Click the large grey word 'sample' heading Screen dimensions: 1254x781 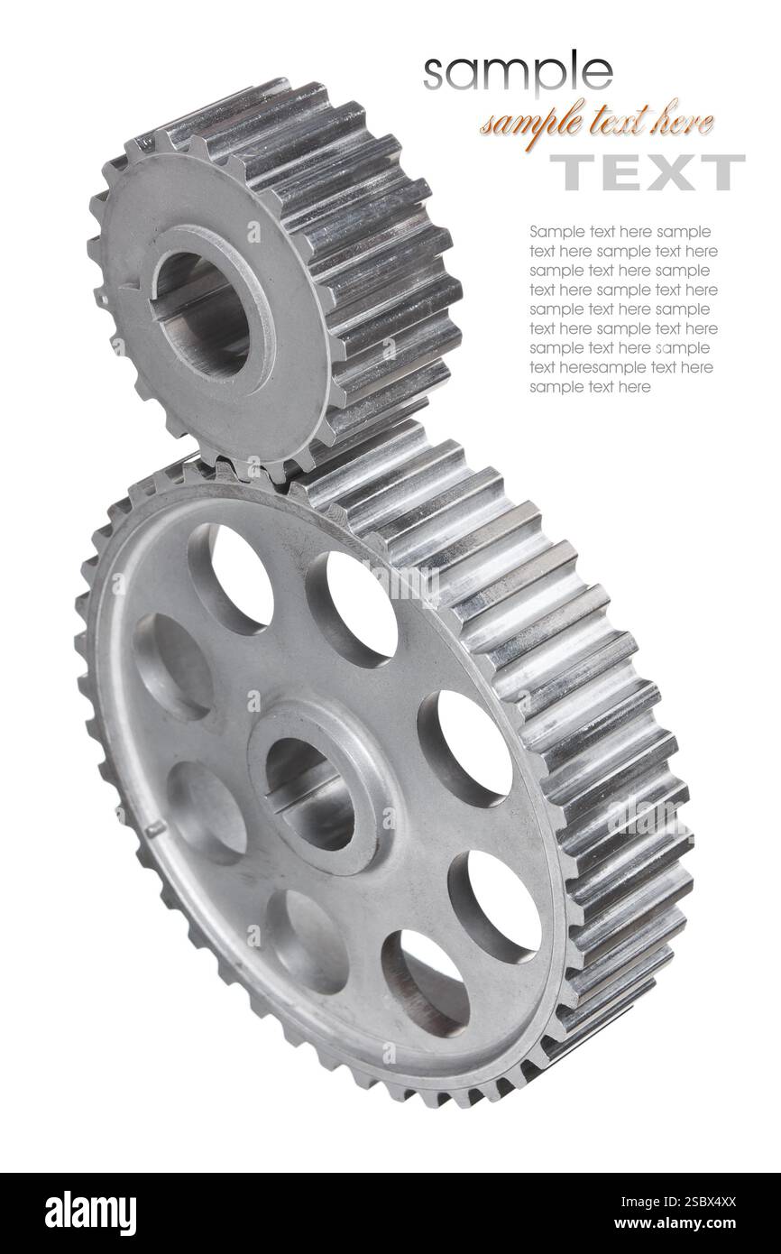pyautogui.click(x=517, y=71)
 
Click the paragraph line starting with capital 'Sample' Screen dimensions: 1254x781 pyautogui.click(x=620, y=232)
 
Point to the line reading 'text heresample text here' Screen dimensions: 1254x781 pyautogui.click(x=620, y=367)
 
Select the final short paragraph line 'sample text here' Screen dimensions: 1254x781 pyautogui.click(x=589, y=387)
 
